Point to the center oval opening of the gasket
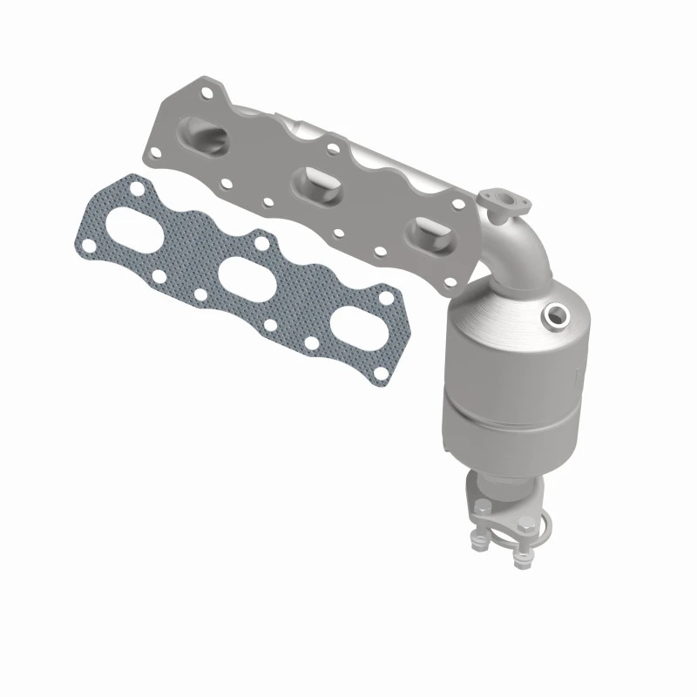[243, 281]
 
